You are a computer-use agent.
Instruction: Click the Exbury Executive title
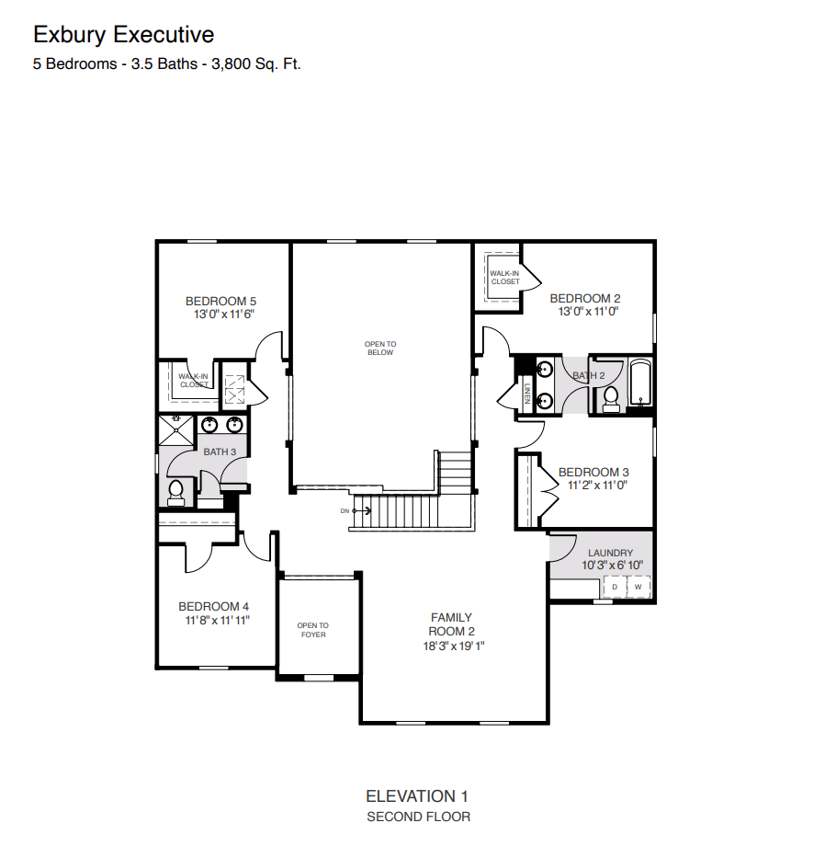(x=124, y=35)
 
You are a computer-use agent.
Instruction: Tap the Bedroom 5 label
(x=220, y=301)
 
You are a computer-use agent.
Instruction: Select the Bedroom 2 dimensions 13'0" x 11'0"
(x=584, y=312)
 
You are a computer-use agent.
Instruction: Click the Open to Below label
(x=380, y=348)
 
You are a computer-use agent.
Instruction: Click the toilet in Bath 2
(x=611, y=397)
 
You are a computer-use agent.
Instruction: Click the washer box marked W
(x=638, y=586)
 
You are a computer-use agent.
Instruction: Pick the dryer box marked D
(x=615, y=586)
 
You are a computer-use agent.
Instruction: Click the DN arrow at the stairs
(x=357, y=510)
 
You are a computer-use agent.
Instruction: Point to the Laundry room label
(x=610, y=553)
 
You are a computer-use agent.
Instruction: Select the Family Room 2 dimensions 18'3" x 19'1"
(x=451, y=646)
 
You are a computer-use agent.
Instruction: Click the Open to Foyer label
(x=312, y=630)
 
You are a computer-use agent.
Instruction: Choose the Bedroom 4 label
(x=213, y=606)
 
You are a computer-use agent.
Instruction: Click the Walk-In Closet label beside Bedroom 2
(x=504, y=277)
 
